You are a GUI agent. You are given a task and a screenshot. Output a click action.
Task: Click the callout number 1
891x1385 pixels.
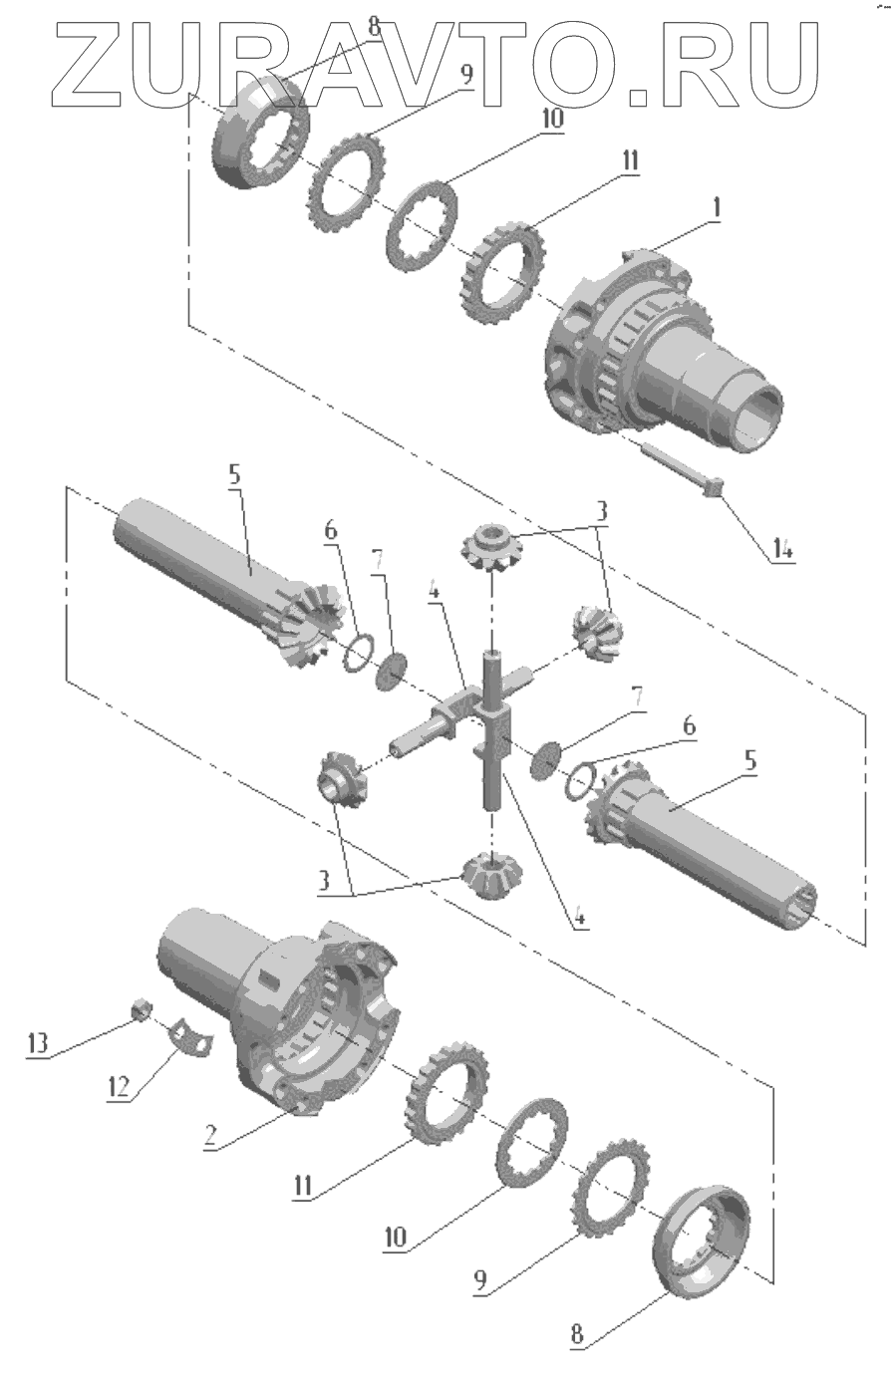(x=717, y=208)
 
